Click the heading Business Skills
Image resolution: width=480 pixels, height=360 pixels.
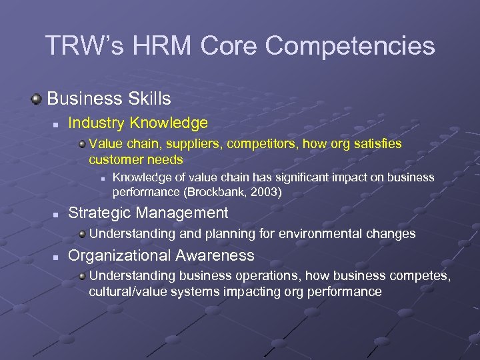(x=109, y=99)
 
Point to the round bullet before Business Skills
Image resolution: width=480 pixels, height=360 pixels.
(x=37, y=99)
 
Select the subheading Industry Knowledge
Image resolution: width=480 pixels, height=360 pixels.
(x=138, y=123)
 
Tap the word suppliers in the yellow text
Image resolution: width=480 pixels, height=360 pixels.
(x=184, y=143)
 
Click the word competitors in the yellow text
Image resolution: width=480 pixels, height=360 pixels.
(x=248, y=143)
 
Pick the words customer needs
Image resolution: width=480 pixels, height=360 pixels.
(x=136, y=160)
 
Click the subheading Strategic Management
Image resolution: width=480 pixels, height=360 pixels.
(x=148, y=213)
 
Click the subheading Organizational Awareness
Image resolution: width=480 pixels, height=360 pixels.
(x=161, y=255)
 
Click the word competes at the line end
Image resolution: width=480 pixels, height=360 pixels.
(x=421, y=276)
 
